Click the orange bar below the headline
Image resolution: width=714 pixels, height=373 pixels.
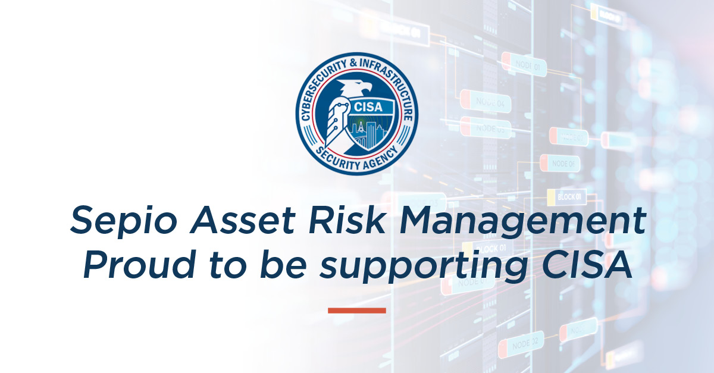click(357, 310)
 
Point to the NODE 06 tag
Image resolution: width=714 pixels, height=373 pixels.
click(560, 162)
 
